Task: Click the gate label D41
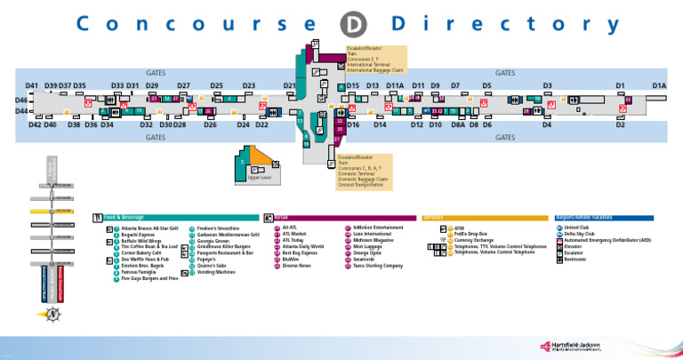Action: (x=31, y=85)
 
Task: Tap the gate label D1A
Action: (x=659, y=85)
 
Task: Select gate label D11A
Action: (x=396, y=85)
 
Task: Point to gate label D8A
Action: (x=458, y=125)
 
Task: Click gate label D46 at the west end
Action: (x=21, y=100)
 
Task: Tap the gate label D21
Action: (x=289, y=85)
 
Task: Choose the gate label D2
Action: (x=621, y=125)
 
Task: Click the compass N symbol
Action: (x=55, y=312)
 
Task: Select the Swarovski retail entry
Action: (x=367, y=259)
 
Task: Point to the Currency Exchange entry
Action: (x=476, y=241)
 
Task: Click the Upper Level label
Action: (x=246, y=180)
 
